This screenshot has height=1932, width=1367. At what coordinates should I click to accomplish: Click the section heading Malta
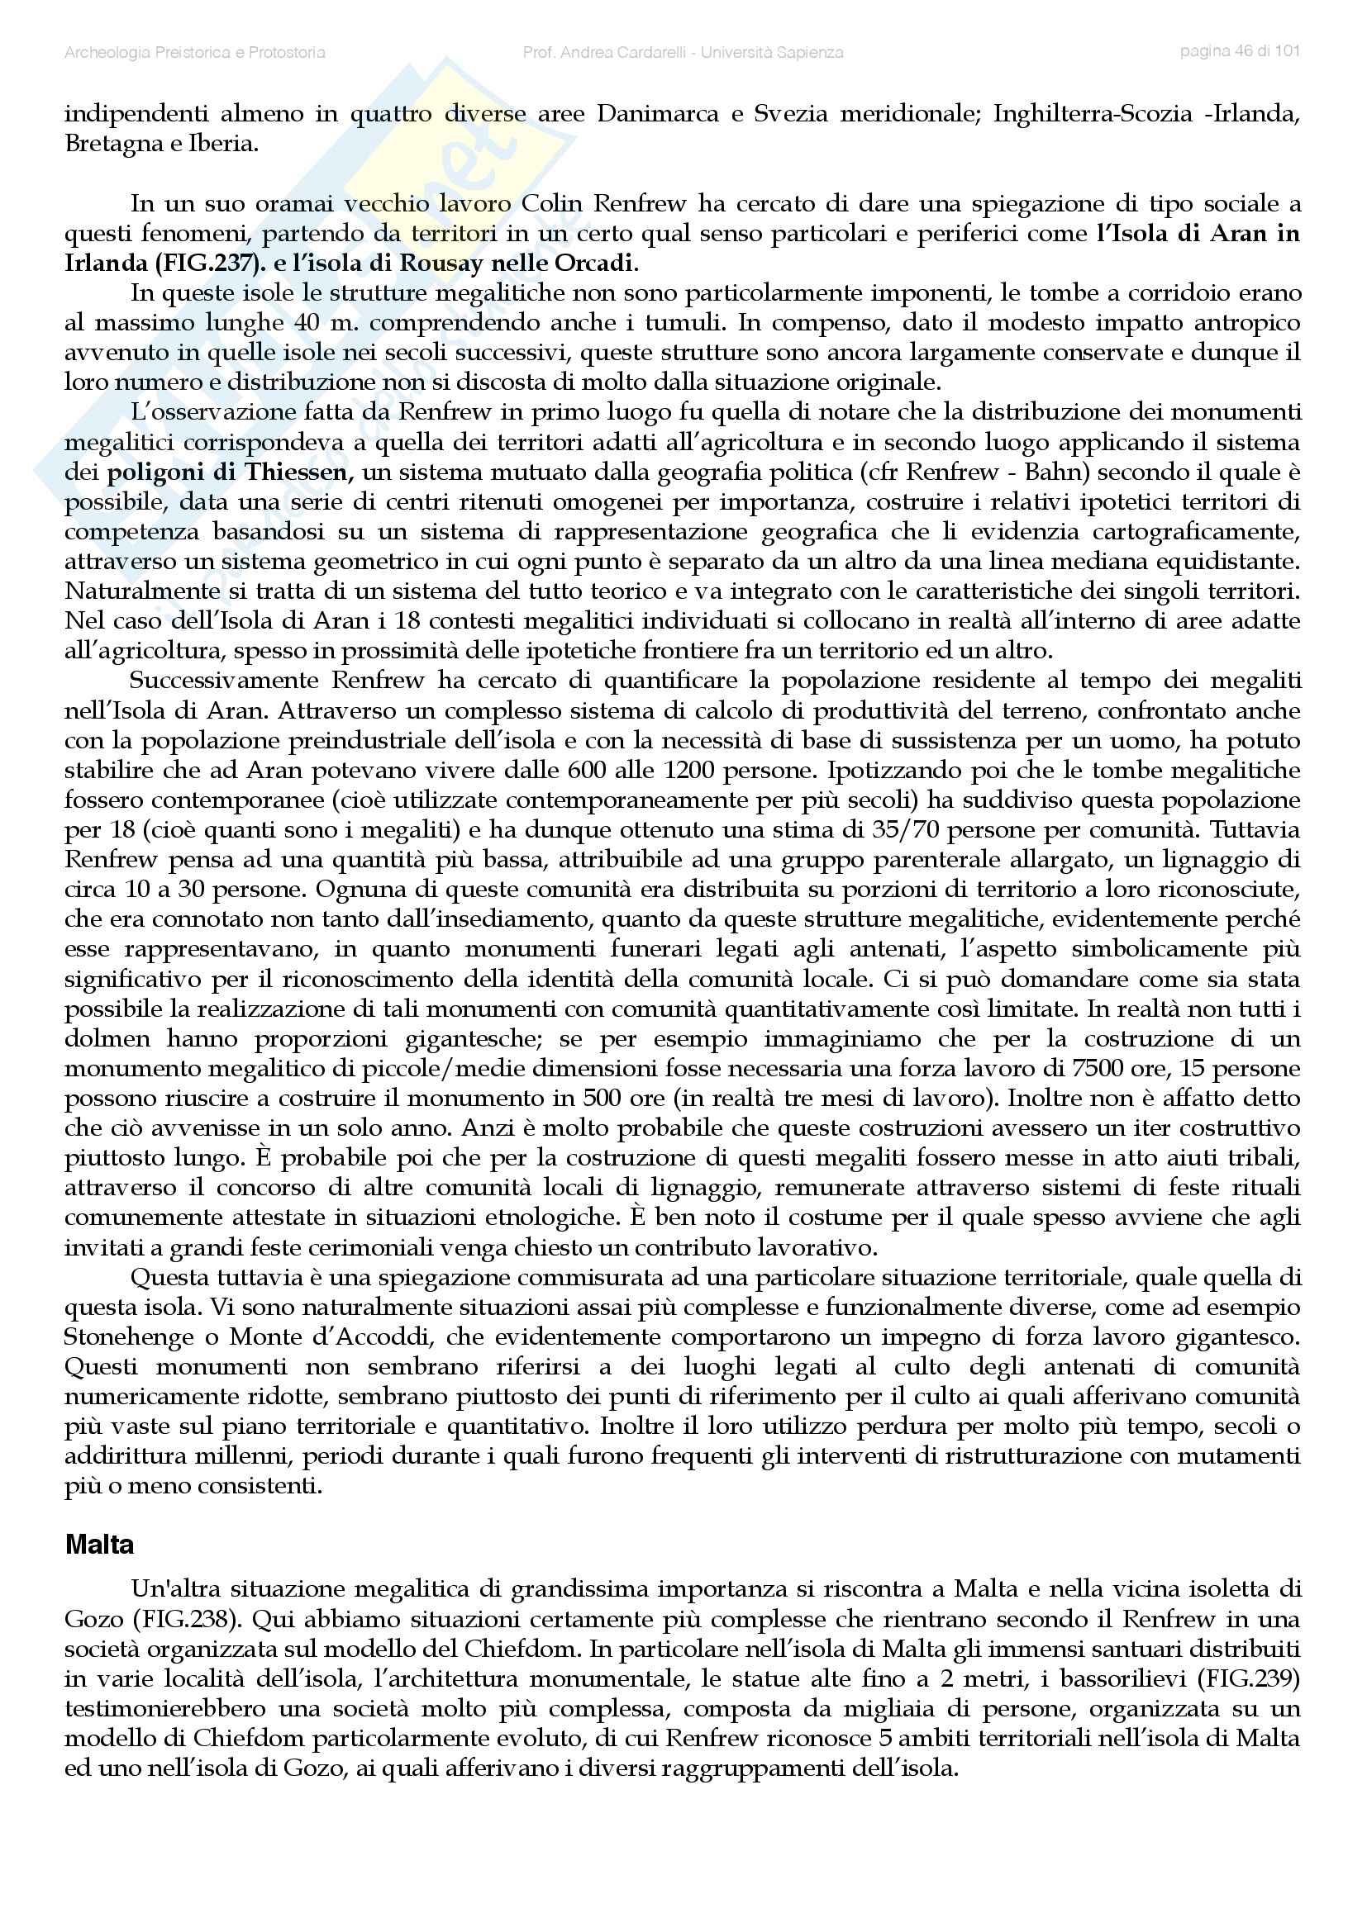coord(99,1545)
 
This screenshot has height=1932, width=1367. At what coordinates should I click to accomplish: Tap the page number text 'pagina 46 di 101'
coord(1240,50)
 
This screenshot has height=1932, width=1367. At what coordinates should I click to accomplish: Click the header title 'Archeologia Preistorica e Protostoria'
coord(194,52)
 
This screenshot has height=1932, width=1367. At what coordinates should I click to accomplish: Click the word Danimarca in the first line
coord(657,115)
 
